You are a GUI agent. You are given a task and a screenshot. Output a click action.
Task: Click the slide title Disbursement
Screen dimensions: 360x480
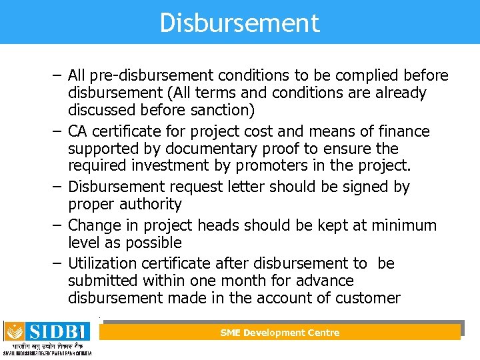pos(239,23)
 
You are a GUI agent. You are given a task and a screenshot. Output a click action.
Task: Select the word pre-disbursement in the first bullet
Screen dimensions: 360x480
pos(145,76)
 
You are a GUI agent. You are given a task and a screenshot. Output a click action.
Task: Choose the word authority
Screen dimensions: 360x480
pos(149,204)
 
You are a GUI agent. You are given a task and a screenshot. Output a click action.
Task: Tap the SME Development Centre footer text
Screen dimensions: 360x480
pos(280,333)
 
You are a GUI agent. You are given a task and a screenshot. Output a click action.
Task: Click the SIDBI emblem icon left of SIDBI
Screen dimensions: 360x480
pos(14,331)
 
